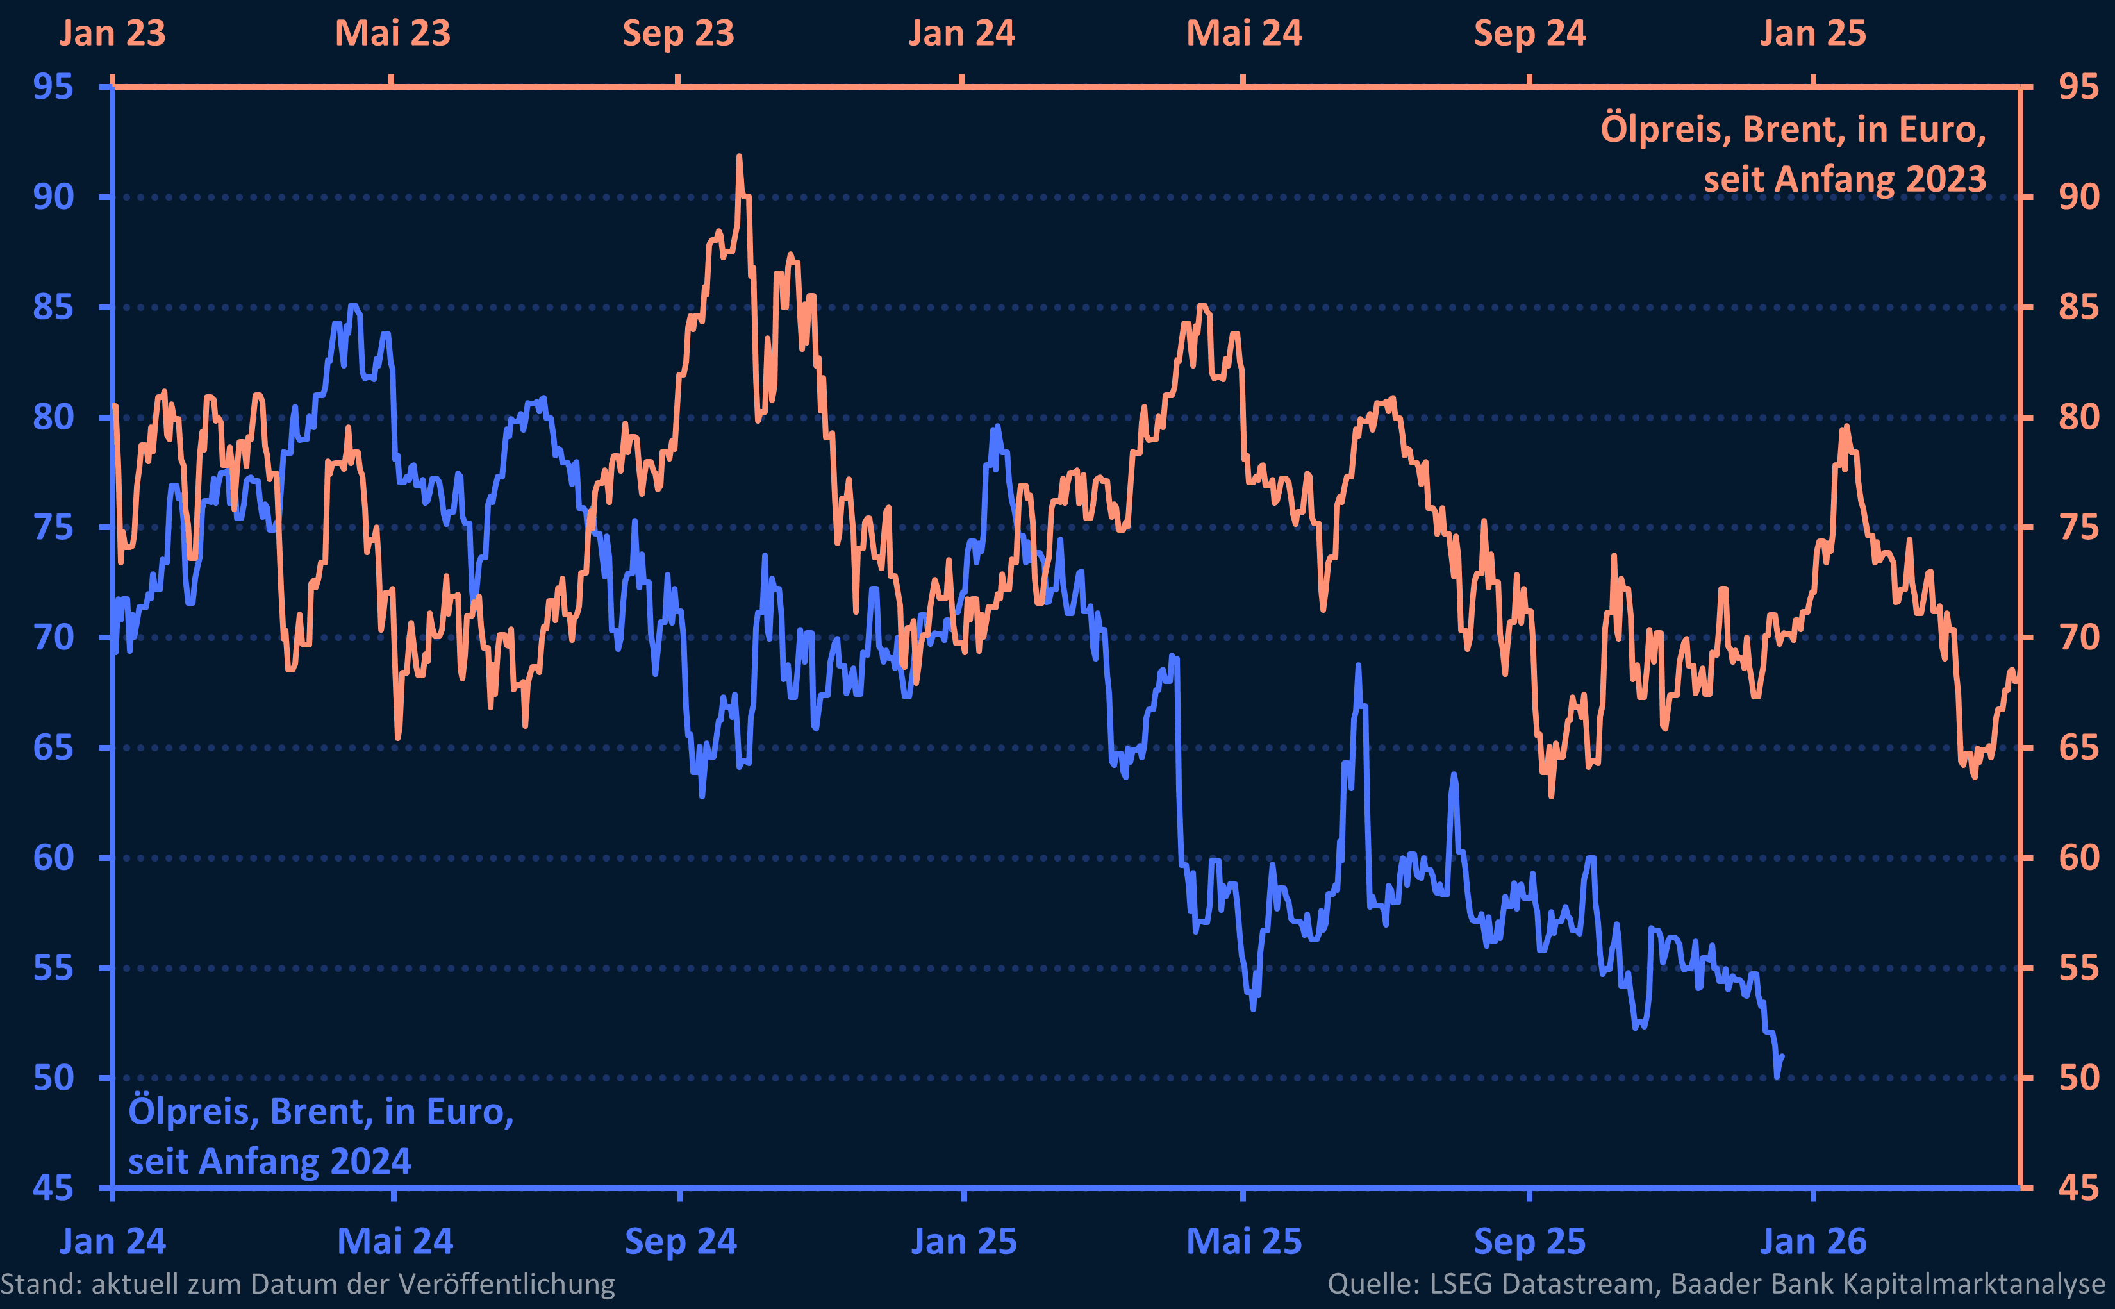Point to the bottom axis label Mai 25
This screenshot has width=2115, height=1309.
(x=1243, y=1242)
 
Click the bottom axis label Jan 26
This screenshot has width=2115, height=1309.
(x=1813, y=1242)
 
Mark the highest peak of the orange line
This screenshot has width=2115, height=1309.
(x=739, y=158)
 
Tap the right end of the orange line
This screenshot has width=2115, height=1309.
(x=2017, y=681)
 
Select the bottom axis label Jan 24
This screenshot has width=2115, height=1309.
(x=113, y=1242)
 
